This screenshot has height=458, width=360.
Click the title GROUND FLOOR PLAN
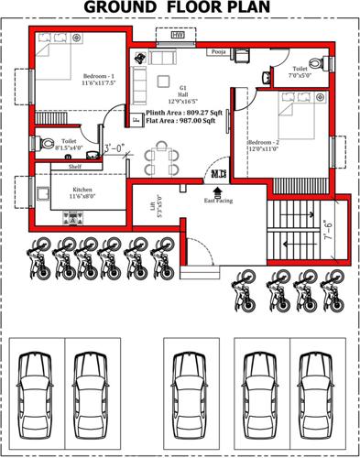point(180,9)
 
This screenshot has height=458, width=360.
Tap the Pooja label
point(217,53)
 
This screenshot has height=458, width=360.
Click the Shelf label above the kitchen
point(75,167)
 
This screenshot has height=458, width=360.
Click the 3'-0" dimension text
point(115,147)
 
